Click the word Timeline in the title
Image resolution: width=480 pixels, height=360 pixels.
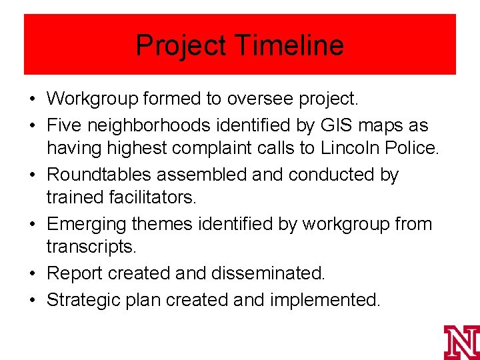point(289,45)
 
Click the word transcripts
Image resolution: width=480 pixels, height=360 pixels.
point(91,247)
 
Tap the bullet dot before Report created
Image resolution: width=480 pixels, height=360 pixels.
point(32,273)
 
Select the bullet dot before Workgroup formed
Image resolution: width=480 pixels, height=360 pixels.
point(32,100)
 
